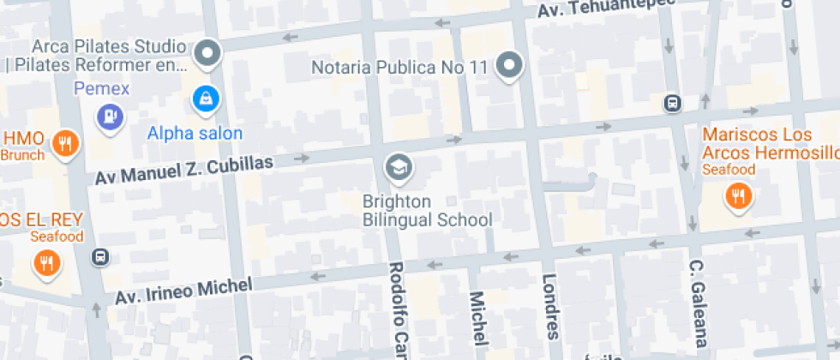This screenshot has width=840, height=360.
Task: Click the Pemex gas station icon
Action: coord(110,117)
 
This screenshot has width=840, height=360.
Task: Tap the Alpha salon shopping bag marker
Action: coord(207,99)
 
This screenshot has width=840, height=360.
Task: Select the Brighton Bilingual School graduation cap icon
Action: coord(398,168)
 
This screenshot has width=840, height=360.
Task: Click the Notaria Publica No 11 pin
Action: coord(511,66)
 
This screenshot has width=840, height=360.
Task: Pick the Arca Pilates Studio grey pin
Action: coord(207,55)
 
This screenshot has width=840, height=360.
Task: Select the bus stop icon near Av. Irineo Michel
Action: coord(100,257)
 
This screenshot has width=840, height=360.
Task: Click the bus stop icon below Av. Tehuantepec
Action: coord(673,104)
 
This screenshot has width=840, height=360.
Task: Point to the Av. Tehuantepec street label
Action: coord(605,9)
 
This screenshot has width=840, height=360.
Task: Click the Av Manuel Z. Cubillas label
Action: coord(183,170)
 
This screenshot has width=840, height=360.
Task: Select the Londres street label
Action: coord(549,307)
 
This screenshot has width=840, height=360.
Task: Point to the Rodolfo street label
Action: coord(397,309)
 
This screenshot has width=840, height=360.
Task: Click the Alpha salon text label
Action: coord(195,133)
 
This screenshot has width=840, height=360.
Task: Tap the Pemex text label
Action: coord(101,87)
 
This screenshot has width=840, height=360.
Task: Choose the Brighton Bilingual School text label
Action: coord(427,211)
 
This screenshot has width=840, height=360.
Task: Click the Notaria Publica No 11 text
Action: coord(399,67)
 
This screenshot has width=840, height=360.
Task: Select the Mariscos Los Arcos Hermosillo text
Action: coord(768,144)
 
